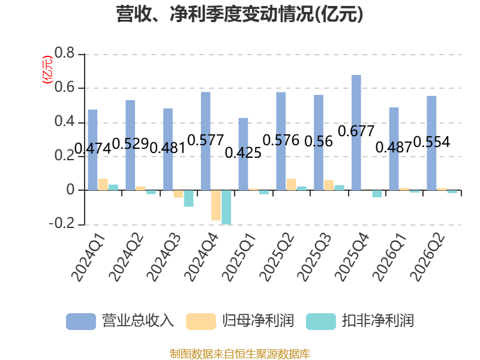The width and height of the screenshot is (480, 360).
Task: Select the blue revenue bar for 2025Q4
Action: (356, 133)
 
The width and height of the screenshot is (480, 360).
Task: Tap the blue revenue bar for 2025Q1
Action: (243, 154)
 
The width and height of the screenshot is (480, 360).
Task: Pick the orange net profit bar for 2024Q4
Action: (216, 205)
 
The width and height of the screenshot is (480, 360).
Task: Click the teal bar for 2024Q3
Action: (188, 199)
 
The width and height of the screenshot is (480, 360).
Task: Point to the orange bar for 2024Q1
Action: (103, 184)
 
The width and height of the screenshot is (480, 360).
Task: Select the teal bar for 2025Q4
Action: (377, 194)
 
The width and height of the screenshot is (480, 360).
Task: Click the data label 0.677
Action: (356, 131)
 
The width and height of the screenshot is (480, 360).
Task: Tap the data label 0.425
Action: (243, 152)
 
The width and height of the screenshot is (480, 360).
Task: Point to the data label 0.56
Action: (319, 142)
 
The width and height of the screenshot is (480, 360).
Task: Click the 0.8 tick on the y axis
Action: (64, 53)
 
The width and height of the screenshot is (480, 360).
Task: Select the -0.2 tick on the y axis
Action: (62, 223)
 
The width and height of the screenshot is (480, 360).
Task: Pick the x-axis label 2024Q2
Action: (126, 257)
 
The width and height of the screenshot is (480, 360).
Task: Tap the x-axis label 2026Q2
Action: (427, 257)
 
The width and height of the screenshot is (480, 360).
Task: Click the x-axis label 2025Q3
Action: (314, 257)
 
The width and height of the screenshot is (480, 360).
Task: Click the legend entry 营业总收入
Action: (120, 321)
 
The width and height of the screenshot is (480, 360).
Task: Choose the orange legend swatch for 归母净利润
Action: (201, 322)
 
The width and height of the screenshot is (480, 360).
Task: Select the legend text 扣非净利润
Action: (378, 321)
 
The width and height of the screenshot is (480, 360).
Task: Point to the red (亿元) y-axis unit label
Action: (47, 70)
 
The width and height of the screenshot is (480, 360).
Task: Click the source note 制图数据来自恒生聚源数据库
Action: (239, 354)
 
